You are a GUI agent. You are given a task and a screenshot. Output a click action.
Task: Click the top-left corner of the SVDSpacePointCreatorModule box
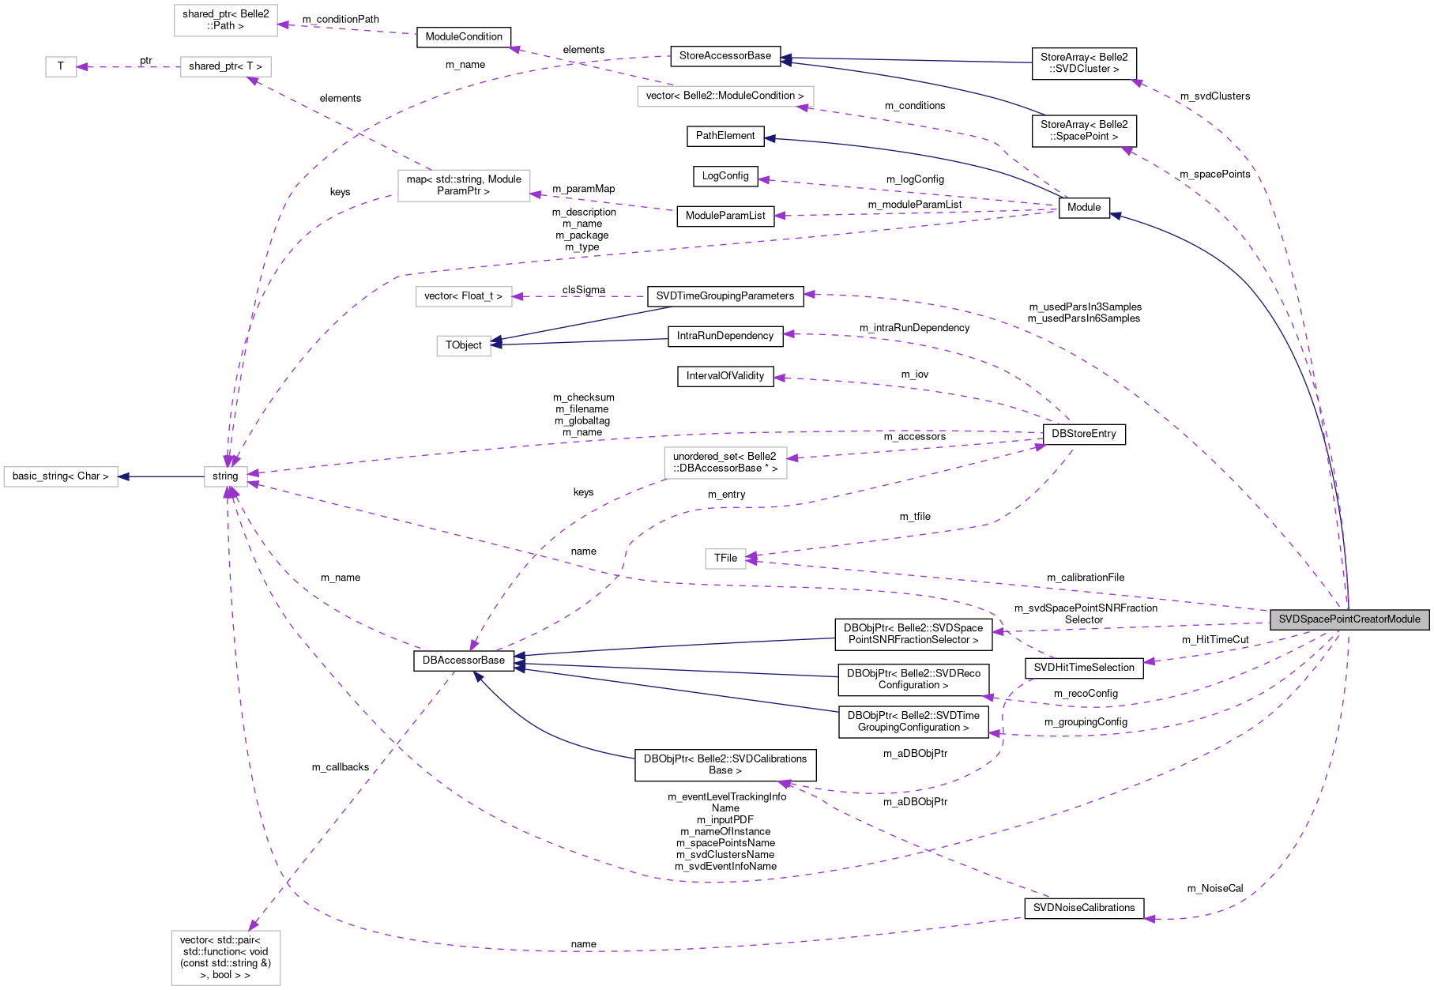pos(1270,609)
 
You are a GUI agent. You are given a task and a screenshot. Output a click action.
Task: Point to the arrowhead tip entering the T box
pos(77,66)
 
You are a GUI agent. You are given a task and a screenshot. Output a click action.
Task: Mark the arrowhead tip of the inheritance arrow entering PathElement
pos(765,137)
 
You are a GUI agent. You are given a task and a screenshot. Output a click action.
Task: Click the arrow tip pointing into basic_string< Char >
pos(119,476)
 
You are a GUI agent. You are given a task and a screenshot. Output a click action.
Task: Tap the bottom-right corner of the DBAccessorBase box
pos(514,671)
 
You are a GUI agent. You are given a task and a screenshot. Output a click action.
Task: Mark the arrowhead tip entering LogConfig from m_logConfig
pos(758,179)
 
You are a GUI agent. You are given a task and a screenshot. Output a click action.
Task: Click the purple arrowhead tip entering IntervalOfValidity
pos(774,378)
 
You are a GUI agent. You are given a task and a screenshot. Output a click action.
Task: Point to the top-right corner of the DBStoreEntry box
pos(1125,424)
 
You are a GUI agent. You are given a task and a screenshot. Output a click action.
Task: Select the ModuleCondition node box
pos(464,37)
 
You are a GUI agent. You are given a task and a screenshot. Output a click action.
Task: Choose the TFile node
pos(725,559)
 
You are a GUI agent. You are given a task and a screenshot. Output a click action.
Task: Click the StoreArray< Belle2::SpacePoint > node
pos(1084,130)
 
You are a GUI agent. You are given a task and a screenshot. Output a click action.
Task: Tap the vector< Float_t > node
pos(463,296)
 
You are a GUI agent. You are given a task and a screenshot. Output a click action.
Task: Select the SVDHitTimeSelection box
pos(1084,668)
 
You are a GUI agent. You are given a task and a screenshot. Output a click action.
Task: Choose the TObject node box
pos(464,345)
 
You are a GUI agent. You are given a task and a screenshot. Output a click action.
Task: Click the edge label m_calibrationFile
pos(1086,578)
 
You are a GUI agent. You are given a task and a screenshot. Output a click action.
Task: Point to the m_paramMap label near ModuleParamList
pos(584,189)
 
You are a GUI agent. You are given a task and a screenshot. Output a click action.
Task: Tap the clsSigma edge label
pos(584,290)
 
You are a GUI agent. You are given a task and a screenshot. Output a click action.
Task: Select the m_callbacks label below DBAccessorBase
pos(341,767)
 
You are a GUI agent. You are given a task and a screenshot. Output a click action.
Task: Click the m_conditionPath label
pos(341,19)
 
